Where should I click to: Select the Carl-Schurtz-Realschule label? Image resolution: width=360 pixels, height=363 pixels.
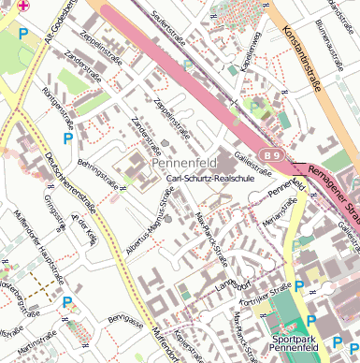click(x=208, y=178)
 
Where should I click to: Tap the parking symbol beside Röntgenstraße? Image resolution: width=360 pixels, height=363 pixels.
click(x=67, y=138)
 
